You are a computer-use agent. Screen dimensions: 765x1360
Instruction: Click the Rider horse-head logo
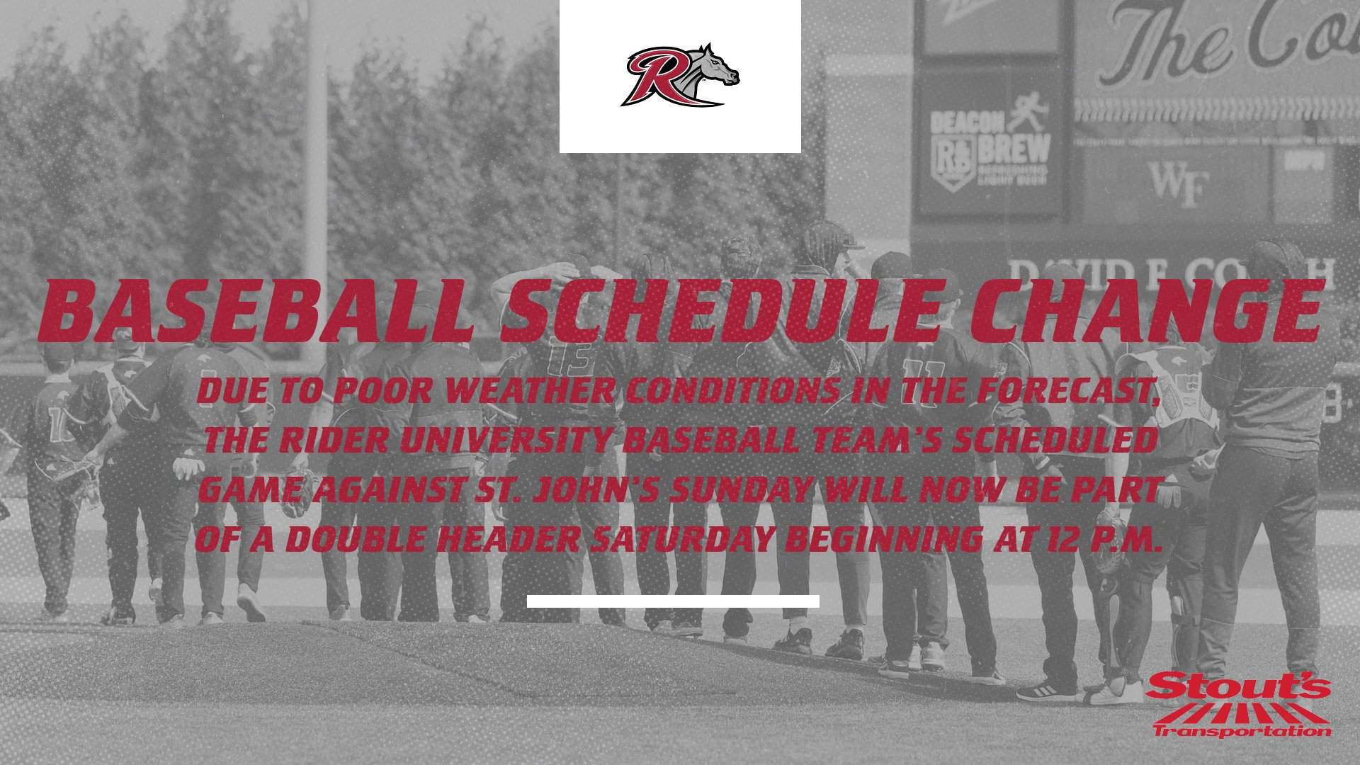tap(680, 76)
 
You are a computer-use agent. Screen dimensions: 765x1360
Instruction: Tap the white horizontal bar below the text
tap(673, 601)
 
